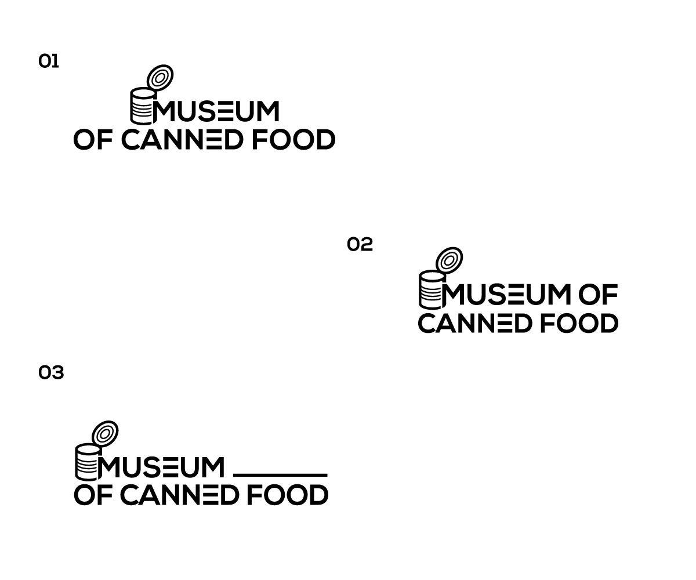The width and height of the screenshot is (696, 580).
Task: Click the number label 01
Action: coord(49,61)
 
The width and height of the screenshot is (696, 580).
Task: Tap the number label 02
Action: coord(360,244)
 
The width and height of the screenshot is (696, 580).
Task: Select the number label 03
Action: coord(51,372)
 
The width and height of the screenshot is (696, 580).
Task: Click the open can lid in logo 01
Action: coord(160,78)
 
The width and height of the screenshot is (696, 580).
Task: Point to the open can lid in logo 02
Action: coord(449,260)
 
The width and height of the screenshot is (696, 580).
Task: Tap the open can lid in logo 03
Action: coord(105,434)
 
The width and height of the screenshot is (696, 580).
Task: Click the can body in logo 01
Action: coord(143,106)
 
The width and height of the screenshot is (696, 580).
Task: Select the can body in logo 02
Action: coord(432,289)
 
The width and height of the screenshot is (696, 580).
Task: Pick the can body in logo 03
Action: coord(88,462)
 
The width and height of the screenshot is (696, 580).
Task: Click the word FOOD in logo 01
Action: coord(293,140)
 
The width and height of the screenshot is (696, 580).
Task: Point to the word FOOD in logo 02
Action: coord(579,323)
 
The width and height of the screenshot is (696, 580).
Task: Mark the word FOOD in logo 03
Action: coord(288,495)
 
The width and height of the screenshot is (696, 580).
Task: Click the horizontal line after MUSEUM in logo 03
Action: coord(280,475)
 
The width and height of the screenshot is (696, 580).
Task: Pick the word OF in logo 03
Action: coord(93,495)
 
